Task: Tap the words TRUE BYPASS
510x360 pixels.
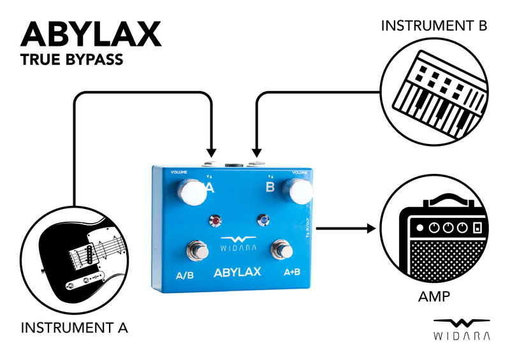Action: click(71, 61)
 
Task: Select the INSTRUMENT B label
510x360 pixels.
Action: click(433, 26)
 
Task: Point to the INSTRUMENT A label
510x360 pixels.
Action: click(75, 328)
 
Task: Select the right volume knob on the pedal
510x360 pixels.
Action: click(298, 191)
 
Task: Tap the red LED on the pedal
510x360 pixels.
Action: click(216, 222)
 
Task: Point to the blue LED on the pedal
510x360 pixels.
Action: click(261, 221)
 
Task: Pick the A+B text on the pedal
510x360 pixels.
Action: click(292, 272)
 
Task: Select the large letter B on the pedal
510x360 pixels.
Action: click(270, 187)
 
